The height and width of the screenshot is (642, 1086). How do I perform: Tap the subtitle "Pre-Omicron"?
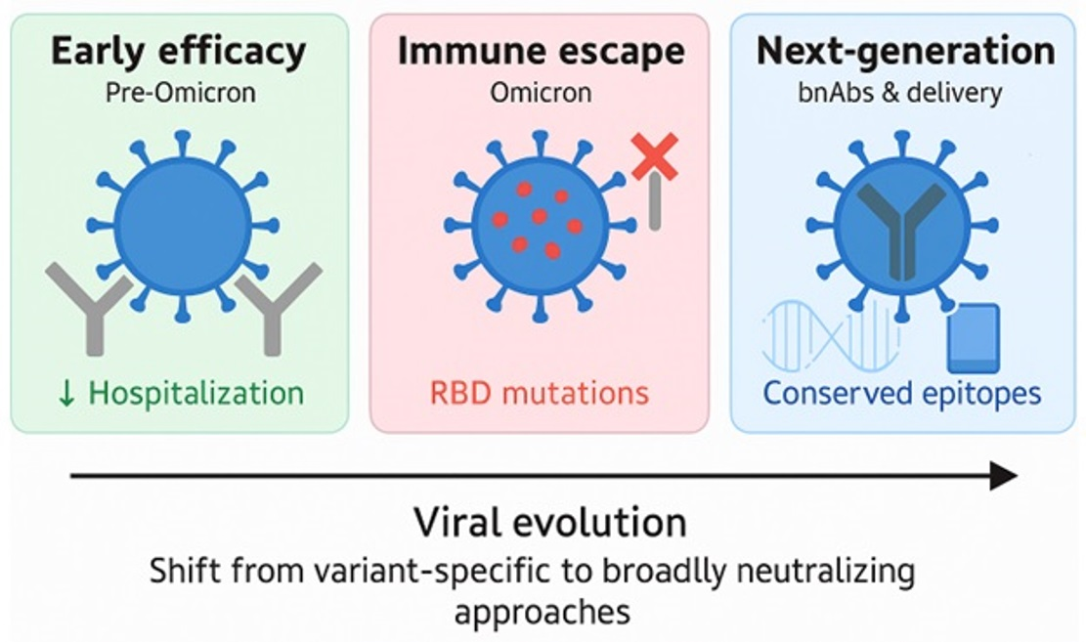pyautogui.click(x=180, y=93)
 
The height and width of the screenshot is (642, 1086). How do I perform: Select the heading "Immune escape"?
pyautogui.click(x=541, y=52)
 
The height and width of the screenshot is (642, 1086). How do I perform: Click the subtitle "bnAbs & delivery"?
pyautogui.click(x=899, y=93)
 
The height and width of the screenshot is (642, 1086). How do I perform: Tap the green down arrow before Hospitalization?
pyautogui.click(x=67, y=394)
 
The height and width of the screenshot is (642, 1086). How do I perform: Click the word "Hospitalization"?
pyautogui.click(x=196, y=394)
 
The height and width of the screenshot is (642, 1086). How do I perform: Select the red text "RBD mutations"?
pyautogui.click(x=540, y=393)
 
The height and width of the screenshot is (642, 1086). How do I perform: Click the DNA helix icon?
pyautogui.click(x=831, y=336)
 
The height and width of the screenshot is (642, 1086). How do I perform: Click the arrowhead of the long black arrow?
pyautogui.click(x=1004, y=476)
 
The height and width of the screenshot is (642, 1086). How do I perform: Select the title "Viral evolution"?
pyautogui.click(x=550, y=522)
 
